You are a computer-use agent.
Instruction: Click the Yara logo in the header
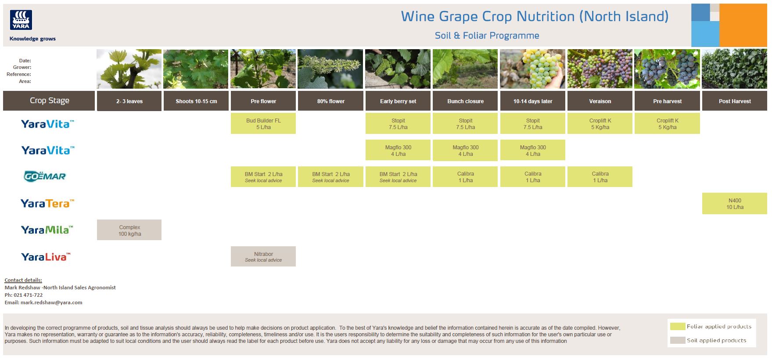point(21,20)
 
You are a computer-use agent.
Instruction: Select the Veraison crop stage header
point(600,101)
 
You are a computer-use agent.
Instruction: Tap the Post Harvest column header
point(735,101)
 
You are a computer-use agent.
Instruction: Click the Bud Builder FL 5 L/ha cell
point(263,123)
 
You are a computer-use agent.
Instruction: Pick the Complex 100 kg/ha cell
point(129,230)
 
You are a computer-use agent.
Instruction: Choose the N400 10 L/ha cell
point(735,203)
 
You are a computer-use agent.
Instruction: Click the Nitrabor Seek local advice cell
point(263,256)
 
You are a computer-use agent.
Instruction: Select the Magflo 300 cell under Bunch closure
point(465,150)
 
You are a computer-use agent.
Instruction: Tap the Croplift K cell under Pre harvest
point(667,123)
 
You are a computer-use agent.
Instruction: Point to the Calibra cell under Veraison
point(600,176)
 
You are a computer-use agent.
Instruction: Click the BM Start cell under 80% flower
point(330,176)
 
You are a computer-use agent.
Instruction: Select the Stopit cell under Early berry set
point(398,123)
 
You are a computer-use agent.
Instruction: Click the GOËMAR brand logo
point(45,176)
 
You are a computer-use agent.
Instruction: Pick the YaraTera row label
point(47,203)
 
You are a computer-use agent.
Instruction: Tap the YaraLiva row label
point(46,257)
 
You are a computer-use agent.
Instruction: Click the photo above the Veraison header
point(600,69)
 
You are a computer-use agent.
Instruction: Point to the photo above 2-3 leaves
point(129,69)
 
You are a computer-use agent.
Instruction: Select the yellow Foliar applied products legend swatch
point(678,326)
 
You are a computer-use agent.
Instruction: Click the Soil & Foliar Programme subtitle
point(487,36)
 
